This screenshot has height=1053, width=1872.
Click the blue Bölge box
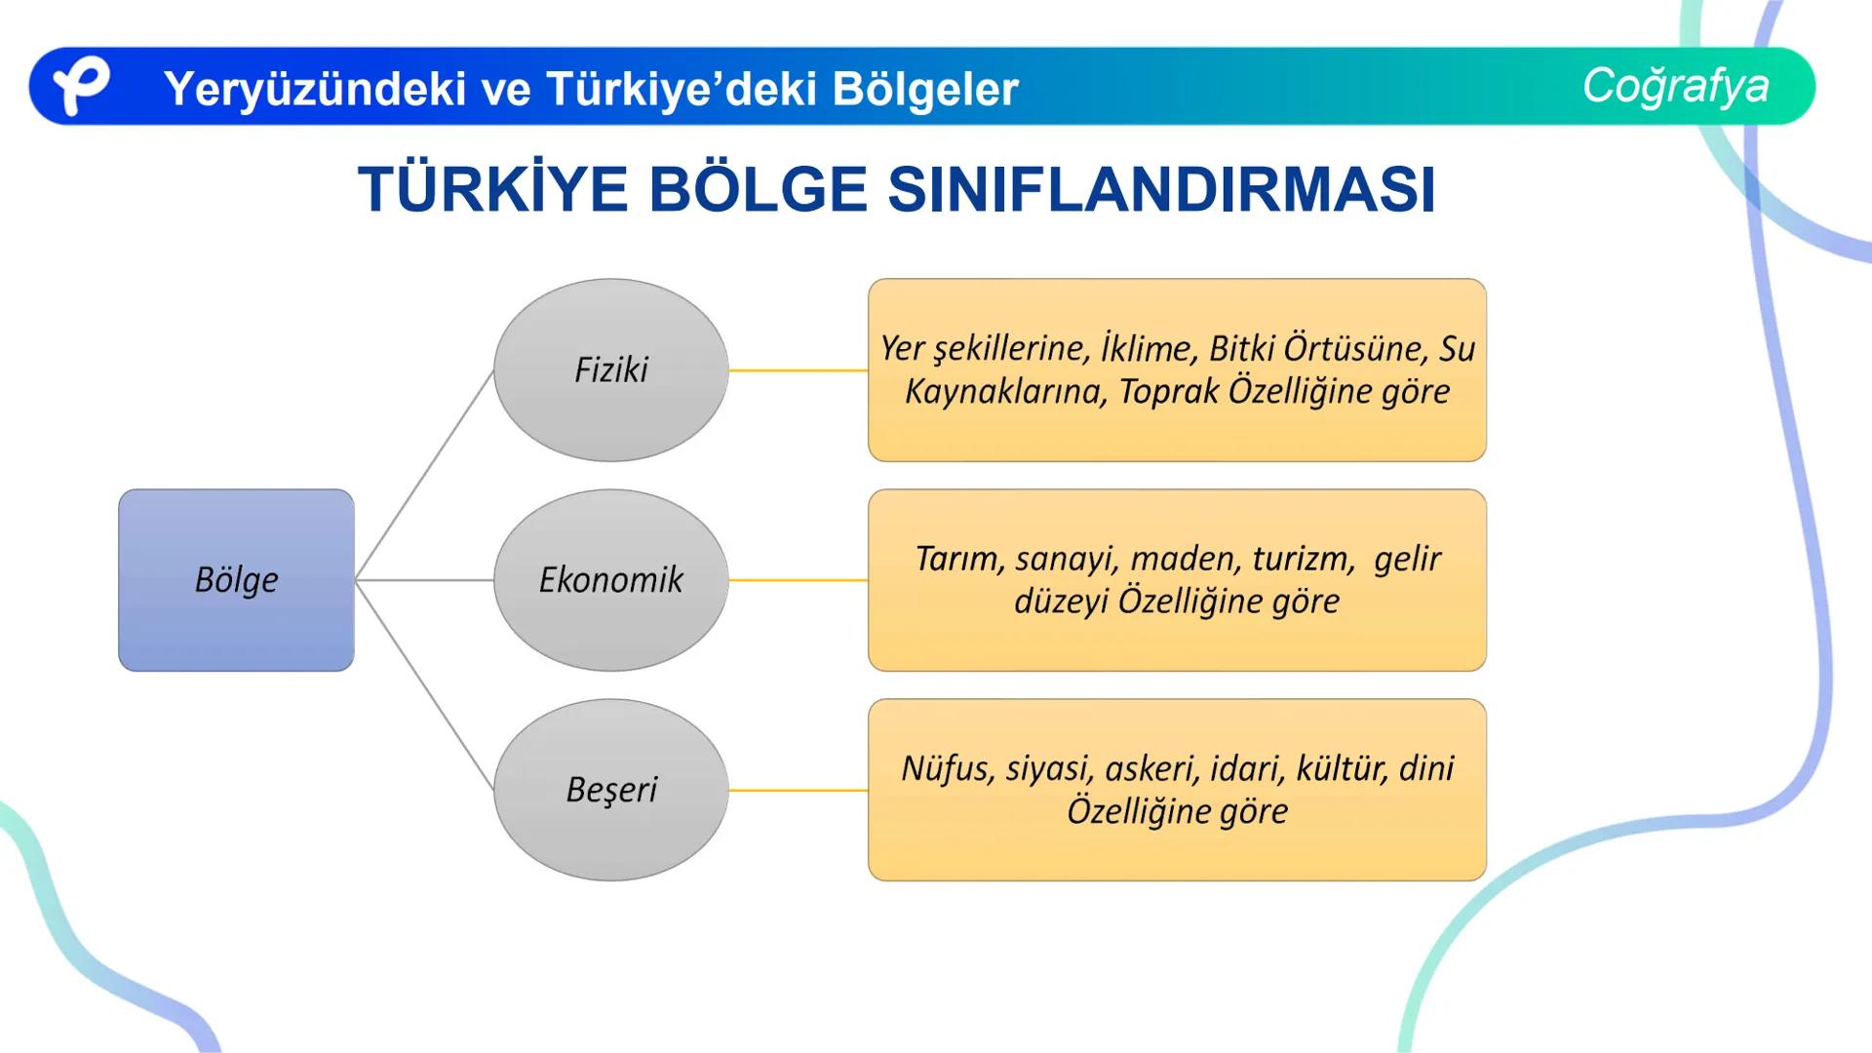tap(236, 580)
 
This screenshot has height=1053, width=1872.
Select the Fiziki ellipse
tap(611, 370)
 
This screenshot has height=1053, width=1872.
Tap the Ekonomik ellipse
tap(611, 580)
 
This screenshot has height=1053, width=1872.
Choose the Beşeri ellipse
tap(611, 790)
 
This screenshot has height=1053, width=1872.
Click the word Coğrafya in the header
tap(1675, 86)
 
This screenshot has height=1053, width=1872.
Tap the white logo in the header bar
tap(80, 85)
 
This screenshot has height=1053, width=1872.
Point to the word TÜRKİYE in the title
tap(492, 189)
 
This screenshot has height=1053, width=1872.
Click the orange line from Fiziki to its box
tap(798, 370)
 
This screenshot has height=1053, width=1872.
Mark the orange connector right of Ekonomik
tap(798, 580)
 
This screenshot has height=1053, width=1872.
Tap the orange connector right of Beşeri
tap(798, 790)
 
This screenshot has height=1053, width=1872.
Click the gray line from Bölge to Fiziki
tap(425, 475)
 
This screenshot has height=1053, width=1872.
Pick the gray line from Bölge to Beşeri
tap(425, 684)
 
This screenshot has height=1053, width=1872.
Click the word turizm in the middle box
tap(1303, 559)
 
